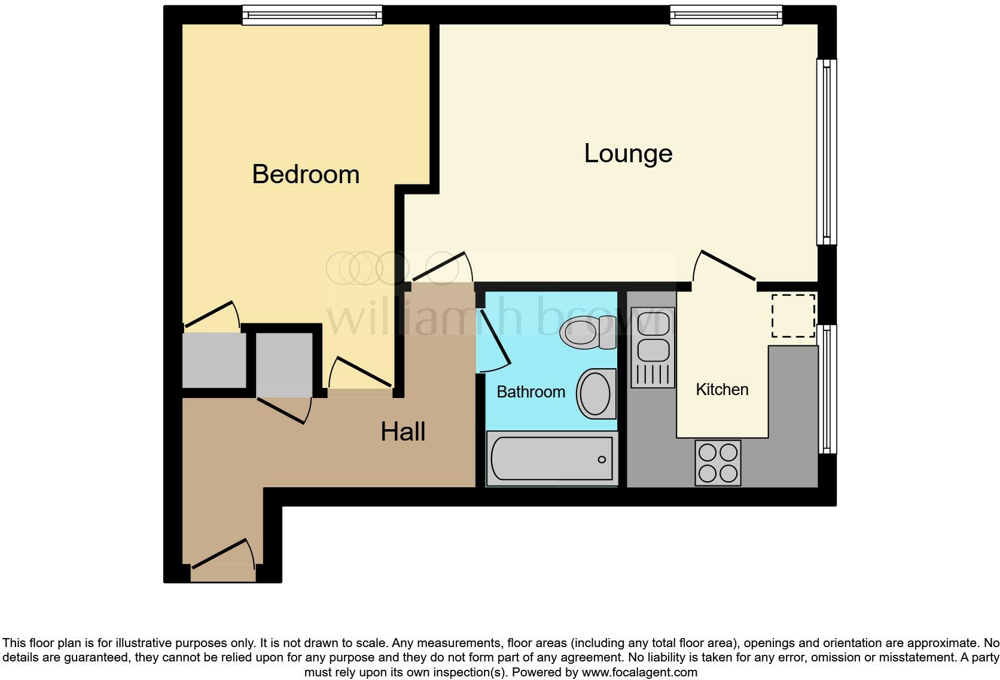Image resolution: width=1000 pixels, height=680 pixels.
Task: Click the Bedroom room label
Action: [x=306, y=174]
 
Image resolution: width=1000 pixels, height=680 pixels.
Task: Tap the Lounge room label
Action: [x=628, y=154]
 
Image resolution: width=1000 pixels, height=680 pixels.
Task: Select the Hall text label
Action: [x=403, y=432]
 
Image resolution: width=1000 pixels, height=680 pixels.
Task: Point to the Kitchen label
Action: [x=722, y=390]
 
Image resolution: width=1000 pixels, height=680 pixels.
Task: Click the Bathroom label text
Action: [x=531, y=392]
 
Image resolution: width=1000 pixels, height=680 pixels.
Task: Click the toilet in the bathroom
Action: [x=587, y=333]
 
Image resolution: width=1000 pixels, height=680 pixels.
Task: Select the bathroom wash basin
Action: [x=596, y=393]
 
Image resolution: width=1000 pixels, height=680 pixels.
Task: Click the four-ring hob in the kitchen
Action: [x=718, y=462]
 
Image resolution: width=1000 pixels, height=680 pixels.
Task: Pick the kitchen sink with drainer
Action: [x=653, y=347]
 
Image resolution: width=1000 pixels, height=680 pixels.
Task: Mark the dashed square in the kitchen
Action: [x=792, y=315]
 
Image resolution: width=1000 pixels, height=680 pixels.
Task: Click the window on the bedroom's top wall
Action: [x=312, y=15]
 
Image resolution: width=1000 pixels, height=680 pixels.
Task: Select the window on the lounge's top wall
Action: [x=725, y=15]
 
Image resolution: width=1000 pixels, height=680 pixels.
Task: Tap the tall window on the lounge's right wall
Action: [x=827, y=151]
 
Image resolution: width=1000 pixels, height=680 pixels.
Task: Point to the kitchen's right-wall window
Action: [x=827, y=389]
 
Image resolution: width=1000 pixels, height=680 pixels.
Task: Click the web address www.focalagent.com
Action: [x=639, y=672]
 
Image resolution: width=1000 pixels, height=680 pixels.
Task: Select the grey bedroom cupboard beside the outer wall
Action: [x=214, y=360]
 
